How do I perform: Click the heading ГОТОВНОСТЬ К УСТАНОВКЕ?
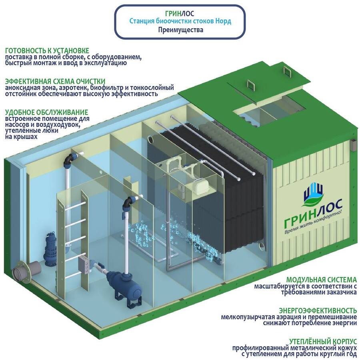pos(47,51)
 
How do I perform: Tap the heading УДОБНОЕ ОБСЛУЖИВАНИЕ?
pos(46,112)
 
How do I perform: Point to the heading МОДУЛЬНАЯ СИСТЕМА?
pos(321,280)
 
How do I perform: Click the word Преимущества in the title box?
pos(180,30)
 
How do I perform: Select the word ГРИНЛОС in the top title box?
pos(180,13)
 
